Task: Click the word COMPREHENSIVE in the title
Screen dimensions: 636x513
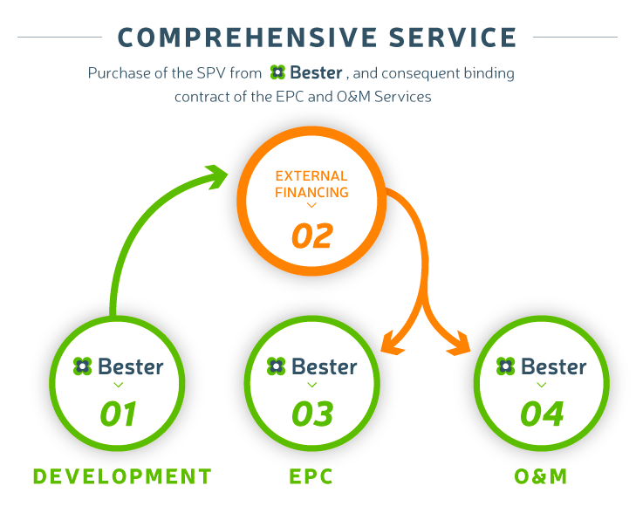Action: tap(247, 38)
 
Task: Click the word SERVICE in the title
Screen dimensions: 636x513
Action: tap(452, 38)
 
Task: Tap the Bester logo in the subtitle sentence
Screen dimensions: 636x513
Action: tap(306, 73)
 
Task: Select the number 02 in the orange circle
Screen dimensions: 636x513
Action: tap(312, 236)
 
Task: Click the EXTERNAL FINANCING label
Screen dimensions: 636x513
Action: tap(311, 184)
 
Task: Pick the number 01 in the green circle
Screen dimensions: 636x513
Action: tap(118, 414)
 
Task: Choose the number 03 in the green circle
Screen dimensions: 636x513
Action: tap(312, 414)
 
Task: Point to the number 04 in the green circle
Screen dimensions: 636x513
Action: tap(542, 414)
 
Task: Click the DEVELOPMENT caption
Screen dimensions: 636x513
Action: tap(122, 476)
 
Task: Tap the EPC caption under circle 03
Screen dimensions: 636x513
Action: tap(311, 476)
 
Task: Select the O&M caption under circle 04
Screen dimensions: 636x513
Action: tap(541, 476)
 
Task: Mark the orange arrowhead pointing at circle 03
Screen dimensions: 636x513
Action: tap(392, 344)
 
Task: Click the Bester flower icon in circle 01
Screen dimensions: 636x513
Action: tap(82, 366)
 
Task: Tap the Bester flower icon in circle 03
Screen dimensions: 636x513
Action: tap(277, 366)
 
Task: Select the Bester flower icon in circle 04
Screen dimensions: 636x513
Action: tap(505, 366)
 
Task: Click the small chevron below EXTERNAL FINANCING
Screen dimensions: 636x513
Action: tap(311, 206)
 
